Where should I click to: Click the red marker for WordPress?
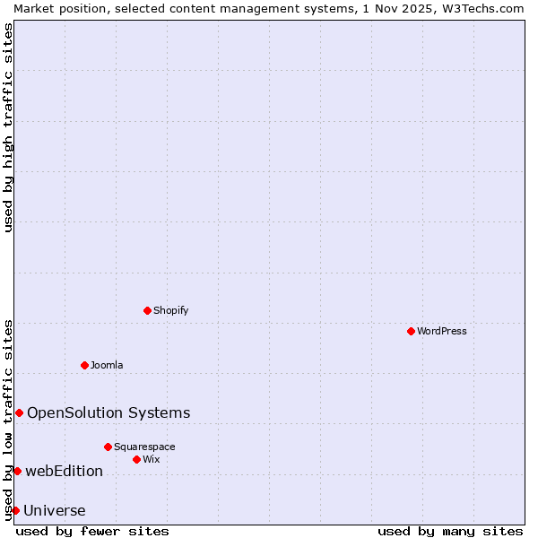point(411,331)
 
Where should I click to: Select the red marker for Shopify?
point(147,310)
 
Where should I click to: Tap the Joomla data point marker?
point(84,365)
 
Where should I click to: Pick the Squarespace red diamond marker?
point(108,447)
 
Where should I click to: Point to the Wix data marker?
point(136,459)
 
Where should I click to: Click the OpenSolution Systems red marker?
point(19,412)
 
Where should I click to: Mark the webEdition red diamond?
point(17,471)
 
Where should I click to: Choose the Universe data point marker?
point(15,510)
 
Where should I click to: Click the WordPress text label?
point(442,331)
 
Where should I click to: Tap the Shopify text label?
point(170,310)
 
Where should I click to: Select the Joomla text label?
point(107,365)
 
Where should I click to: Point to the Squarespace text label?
point(144,447)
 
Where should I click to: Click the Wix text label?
point(152,459)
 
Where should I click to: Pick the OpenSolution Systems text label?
point(108,412)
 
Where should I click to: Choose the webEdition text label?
point(64,471)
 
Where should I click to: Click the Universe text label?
point(55,510)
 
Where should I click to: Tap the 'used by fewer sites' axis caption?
point(92,531)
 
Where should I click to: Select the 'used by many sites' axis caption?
point(450,531)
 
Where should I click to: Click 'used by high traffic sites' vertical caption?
point(8,128)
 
